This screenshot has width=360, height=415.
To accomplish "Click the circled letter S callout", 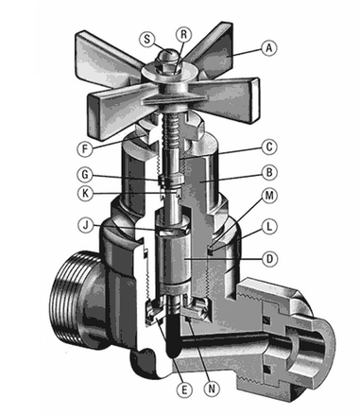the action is (146, 39).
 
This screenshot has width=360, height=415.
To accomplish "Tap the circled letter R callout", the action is (183, 34).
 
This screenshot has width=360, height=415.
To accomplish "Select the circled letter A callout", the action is (268, 48).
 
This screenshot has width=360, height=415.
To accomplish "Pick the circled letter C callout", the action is (269, 147).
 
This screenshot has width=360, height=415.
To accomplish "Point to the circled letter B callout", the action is (269, 173).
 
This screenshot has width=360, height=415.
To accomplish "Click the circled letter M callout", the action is (269, 196).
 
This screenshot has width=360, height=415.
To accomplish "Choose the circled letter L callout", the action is (269, 227).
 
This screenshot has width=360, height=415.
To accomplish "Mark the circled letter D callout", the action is (270, 259).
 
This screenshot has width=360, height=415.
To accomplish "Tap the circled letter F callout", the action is (85, 148).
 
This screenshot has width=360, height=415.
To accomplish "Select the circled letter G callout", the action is (85, 174).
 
